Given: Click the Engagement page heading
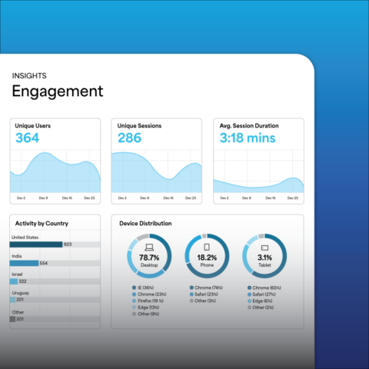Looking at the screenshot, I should point(57,91).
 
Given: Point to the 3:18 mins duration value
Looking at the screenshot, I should point(247,139).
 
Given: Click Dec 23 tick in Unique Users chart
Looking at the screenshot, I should point(91,198).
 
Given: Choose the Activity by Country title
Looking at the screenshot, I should point(42,224).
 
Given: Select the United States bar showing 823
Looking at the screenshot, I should point(38,244).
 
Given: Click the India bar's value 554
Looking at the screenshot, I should point(44,263).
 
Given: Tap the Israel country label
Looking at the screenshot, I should point(18,274).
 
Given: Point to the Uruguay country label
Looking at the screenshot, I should point(21,292).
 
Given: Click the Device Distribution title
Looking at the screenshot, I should point(146,224).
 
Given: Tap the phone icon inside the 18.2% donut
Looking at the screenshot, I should point(206,248).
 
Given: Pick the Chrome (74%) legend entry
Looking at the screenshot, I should point(207,287).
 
